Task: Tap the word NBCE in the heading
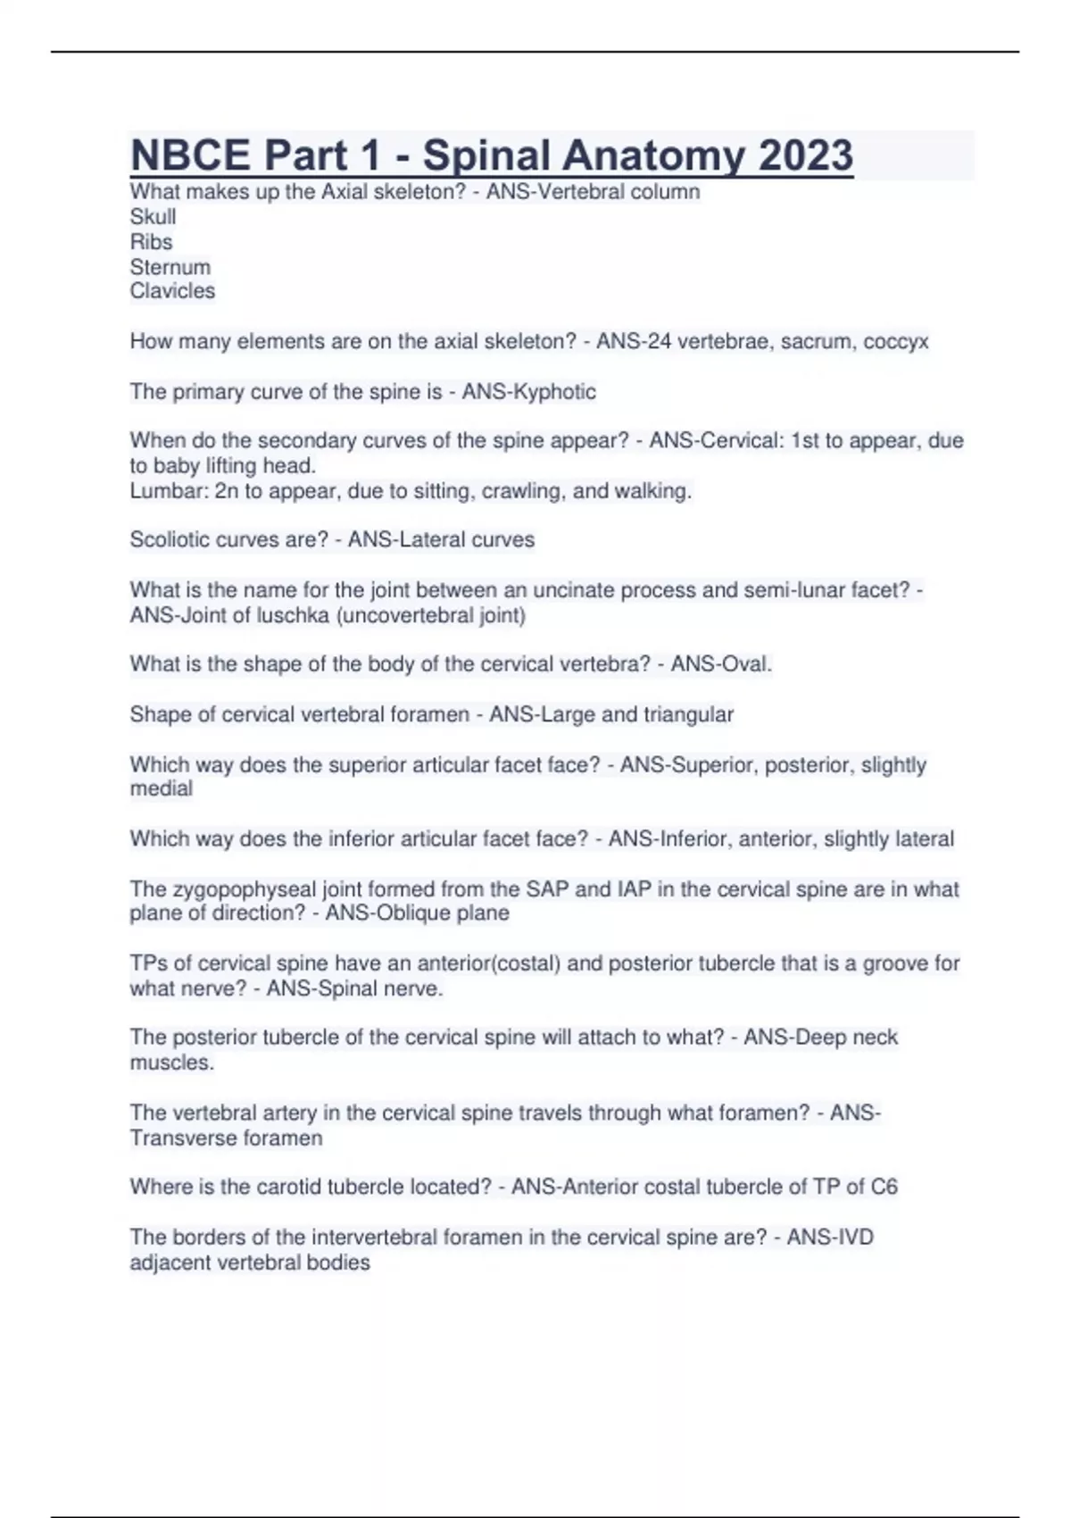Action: point(190,155)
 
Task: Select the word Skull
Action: point(153,217)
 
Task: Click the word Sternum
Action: point(170,267)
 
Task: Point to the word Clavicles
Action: point(172,291)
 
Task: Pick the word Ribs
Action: point(151,242)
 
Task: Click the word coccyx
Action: point(896,341)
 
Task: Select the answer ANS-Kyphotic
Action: point(528,392)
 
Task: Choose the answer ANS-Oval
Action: point(721,664)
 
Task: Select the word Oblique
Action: point(423,913)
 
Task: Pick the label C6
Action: point(884,1187)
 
